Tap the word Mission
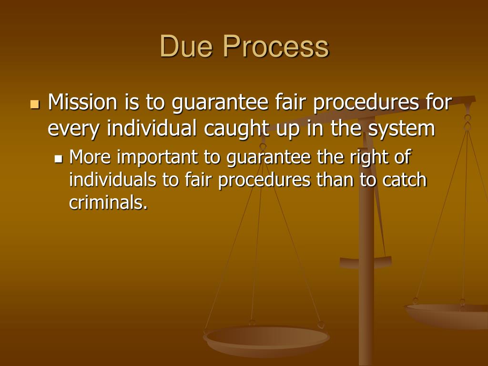pos(82,102)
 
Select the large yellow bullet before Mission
pos(34,103)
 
